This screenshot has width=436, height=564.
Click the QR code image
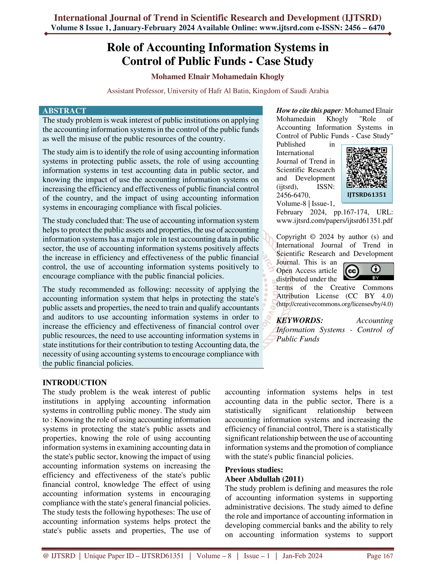[x=367, y=167]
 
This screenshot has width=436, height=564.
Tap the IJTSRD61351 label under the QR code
[x=367, y=195]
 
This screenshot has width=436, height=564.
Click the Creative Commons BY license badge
[x=369, y=271]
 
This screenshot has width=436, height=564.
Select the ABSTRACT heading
[x=64, y=111]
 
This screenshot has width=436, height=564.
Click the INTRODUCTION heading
[x=75, y=382]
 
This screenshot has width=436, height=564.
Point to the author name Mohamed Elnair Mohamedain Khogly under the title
[x=218, y=77]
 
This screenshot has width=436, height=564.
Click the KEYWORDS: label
[x=300, y=321]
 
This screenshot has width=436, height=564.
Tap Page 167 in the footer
[x=380, y=556]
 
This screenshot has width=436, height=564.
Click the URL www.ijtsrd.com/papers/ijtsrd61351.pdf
[x=334, y=220]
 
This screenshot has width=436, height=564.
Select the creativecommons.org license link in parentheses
[x=335, y=304]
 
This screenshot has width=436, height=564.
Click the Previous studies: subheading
[x=254, y=470]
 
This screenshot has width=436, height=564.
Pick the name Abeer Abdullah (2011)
[x=264, y=479]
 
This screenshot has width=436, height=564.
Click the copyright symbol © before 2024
[x=313, y=237]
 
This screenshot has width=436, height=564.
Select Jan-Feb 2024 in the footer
[x=302, y=556]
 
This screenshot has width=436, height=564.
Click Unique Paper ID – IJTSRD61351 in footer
[x=134, y=556]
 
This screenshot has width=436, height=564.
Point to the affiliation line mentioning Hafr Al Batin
[x=218, y=91]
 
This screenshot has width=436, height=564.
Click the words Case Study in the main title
[x=285, y=61]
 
